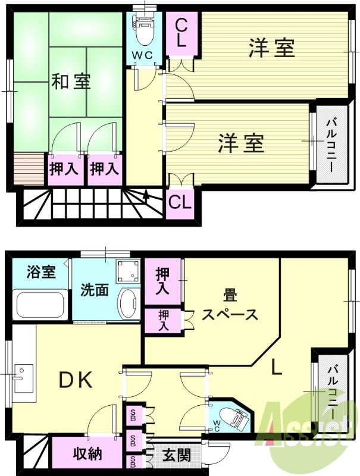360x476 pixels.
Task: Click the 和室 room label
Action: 70,82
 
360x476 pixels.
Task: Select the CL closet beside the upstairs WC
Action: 181,33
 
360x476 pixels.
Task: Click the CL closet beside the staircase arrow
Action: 180,202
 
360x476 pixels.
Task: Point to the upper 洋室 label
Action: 271,48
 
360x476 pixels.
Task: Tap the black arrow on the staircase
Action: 146,195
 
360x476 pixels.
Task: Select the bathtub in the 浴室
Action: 40,305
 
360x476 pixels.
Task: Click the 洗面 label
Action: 95,291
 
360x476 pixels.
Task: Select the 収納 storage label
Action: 87,454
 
